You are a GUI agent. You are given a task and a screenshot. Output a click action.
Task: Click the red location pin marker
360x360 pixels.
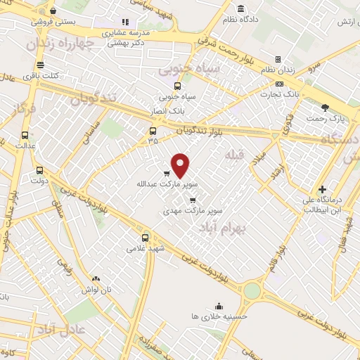181,165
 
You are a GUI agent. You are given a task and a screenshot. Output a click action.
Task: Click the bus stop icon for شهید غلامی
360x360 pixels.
146,238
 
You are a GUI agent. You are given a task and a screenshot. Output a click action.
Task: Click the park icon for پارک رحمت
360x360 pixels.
325,108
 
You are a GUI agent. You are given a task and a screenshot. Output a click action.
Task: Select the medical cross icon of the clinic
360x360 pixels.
322,189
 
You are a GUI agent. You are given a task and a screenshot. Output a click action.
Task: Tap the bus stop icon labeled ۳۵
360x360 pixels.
153,131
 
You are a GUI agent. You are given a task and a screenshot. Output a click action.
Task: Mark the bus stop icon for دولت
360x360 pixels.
39,170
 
